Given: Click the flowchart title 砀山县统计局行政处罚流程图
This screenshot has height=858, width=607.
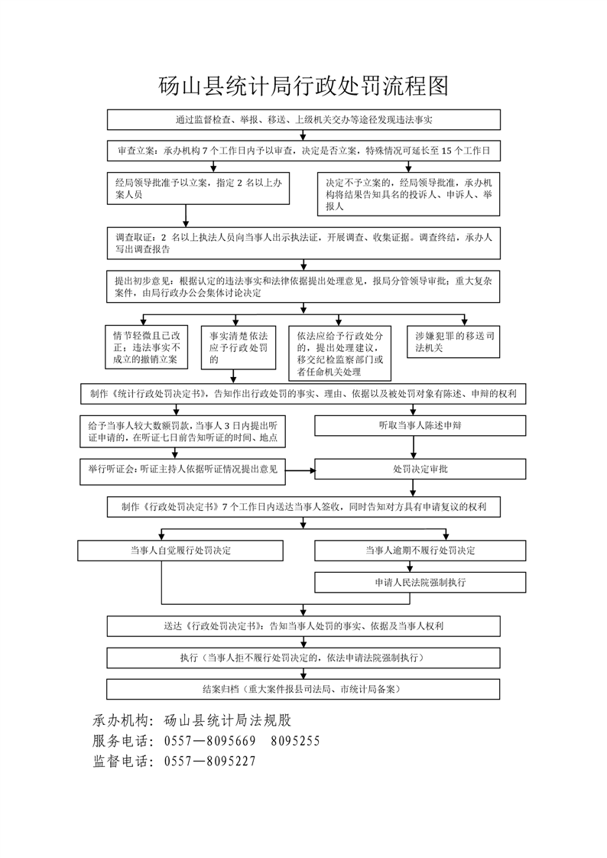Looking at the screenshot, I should (303, 86).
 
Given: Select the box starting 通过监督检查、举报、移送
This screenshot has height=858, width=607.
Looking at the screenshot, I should (303, 120).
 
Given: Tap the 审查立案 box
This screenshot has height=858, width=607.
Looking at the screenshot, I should (303, 151).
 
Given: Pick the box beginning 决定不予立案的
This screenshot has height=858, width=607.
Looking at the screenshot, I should (409, 195).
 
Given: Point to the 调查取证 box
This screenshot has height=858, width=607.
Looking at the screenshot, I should (303, 243).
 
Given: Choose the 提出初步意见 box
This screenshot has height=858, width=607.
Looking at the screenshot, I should (303, 286).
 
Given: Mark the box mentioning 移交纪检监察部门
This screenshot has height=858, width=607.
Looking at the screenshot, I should (339, 353).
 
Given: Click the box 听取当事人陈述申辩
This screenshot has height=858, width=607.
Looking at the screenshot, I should (420, 425).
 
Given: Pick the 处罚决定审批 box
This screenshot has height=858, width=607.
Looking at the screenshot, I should (420, 469).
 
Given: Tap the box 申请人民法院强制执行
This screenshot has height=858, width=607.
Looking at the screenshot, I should (420, 582).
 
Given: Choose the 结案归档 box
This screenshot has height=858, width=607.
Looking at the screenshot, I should (303, 688).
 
